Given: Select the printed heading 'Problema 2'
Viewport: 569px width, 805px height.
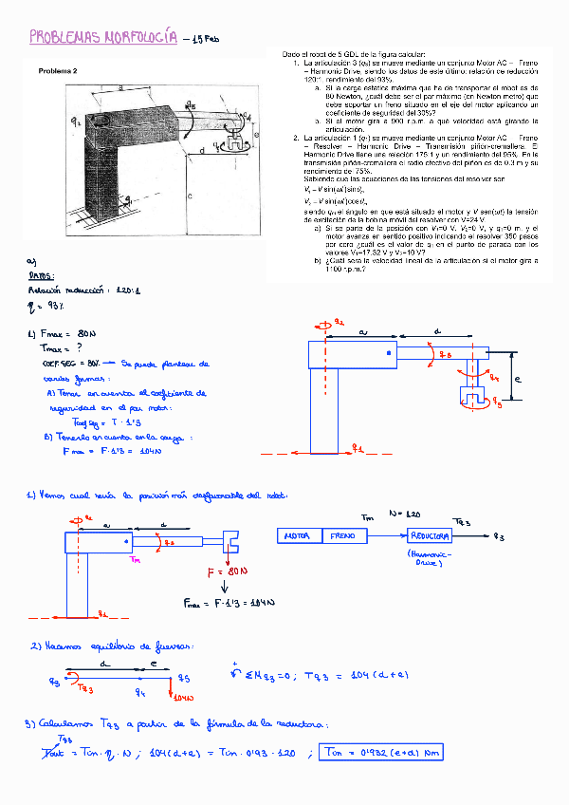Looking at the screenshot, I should [58, 70].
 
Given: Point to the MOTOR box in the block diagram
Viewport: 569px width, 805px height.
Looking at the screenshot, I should [302, 536].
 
